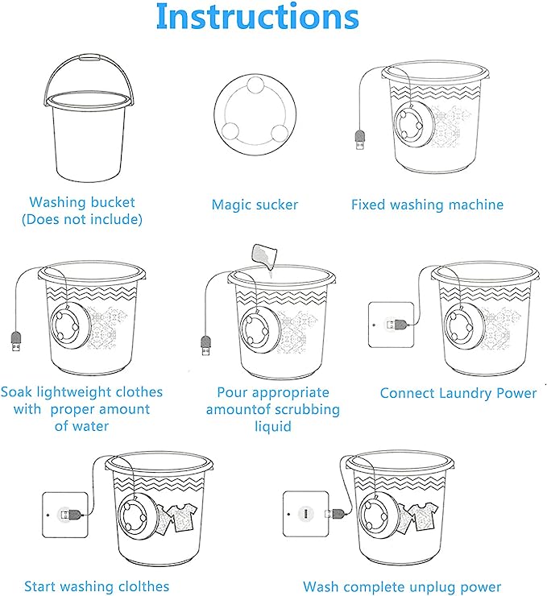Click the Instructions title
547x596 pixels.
tap(256, 18)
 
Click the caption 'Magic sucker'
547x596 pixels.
tap(255, 205)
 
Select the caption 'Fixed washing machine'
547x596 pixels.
tap(427, 205)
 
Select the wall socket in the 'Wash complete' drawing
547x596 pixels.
tap(305, 513)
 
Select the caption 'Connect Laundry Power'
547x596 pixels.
tap(458, 393)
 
